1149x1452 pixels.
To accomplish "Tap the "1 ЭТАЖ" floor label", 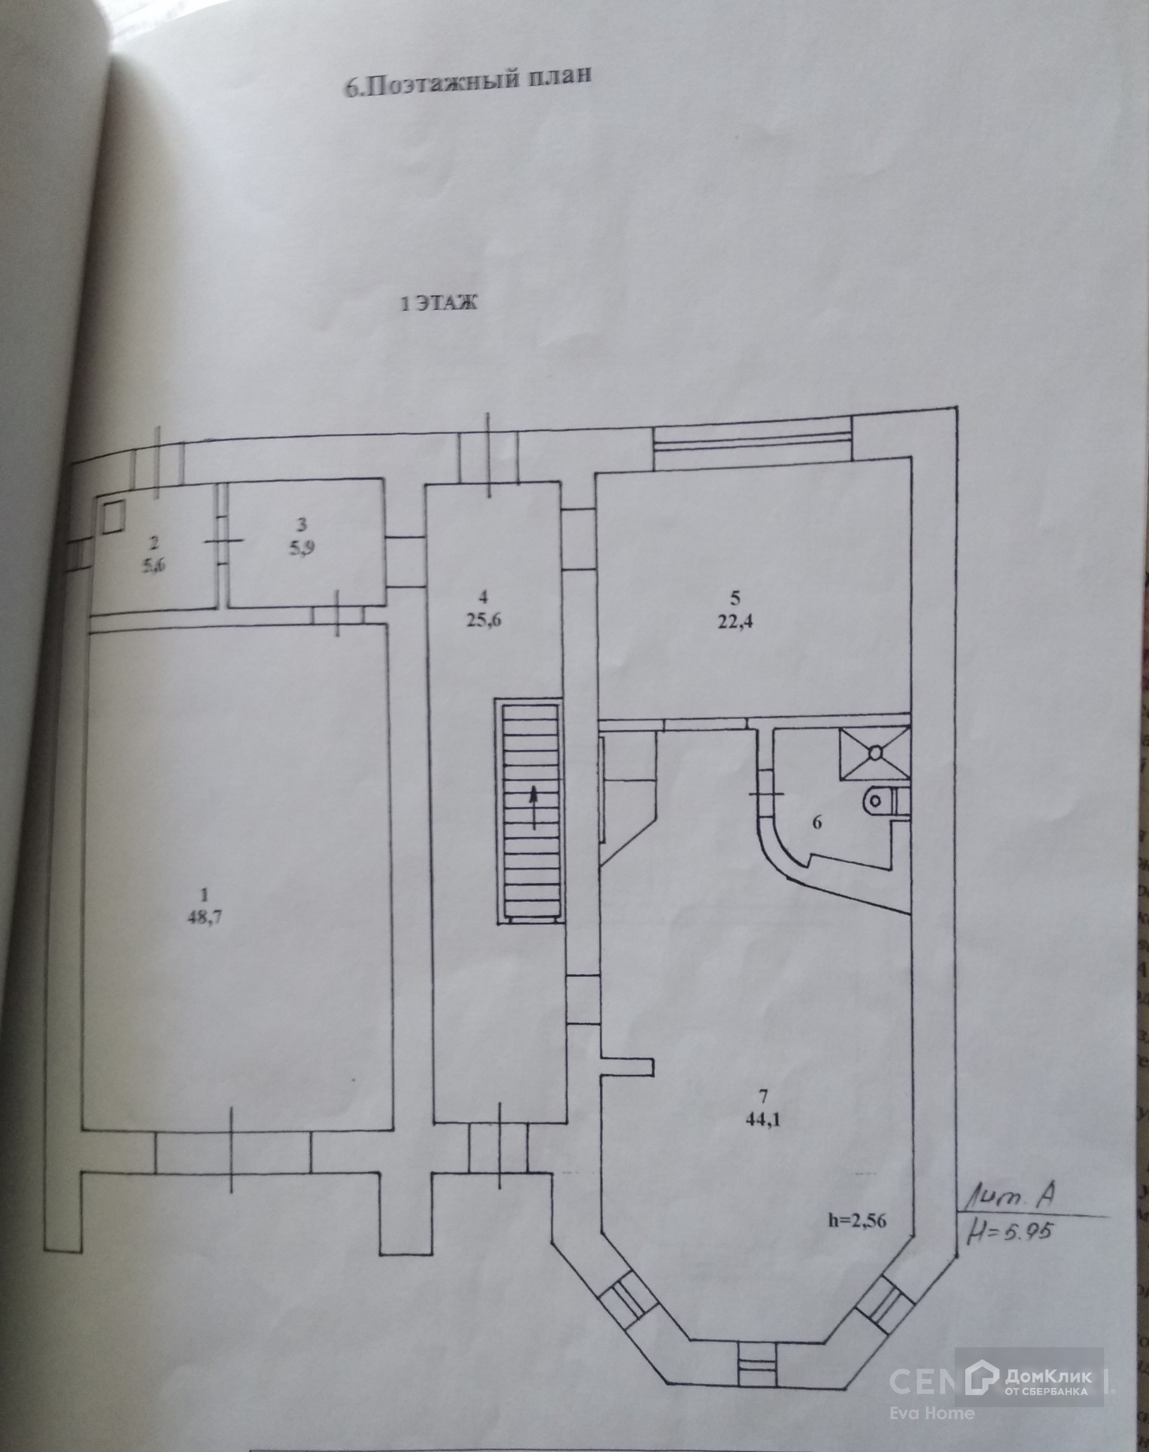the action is tap(439, 303).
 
